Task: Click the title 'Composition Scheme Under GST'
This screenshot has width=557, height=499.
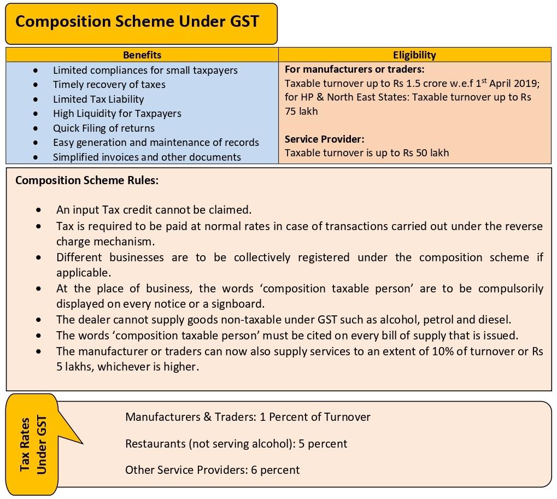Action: pyautogui.click(x=137, y=22)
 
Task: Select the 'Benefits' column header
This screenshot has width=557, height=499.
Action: pyautogui.click(x=142, y=55)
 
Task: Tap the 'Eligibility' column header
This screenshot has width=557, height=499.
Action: pyautogui.click(x=414, y=55)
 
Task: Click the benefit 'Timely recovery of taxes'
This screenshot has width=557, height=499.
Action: pyautogui.click(x=109, y=85)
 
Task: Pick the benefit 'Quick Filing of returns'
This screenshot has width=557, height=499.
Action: pyautogui.click(x=103, y=128)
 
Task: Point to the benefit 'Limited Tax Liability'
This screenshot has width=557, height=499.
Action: pyautogui.click(x=98, y=99)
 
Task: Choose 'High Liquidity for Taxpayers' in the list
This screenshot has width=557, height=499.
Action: pyautogui.click(x=117, y=114)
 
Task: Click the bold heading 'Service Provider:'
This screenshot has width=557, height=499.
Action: pyautogui.click(x=324, y=139)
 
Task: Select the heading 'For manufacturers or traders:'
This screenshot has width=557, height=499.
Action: pyautogui.click(x=354, y=69)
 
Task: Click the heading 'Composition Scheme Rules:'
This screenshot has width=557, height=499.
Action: pyautogui.click(x=87, y=180)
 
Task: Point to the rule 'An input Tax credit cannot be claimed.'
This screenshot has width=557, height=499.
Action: pyautogui.click(x=154, y=210)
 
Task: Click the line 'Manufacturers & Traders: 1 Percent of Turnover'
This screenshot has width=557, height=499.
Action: pyautogui.click(x=248, y=417)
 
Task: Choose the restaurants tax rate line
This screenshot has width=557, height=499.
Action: pyautogui.click(x=236, y=444)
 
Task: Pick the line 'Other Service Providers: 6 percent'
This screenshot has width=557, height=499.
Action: pyautogui.click(x=212, y=469)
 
